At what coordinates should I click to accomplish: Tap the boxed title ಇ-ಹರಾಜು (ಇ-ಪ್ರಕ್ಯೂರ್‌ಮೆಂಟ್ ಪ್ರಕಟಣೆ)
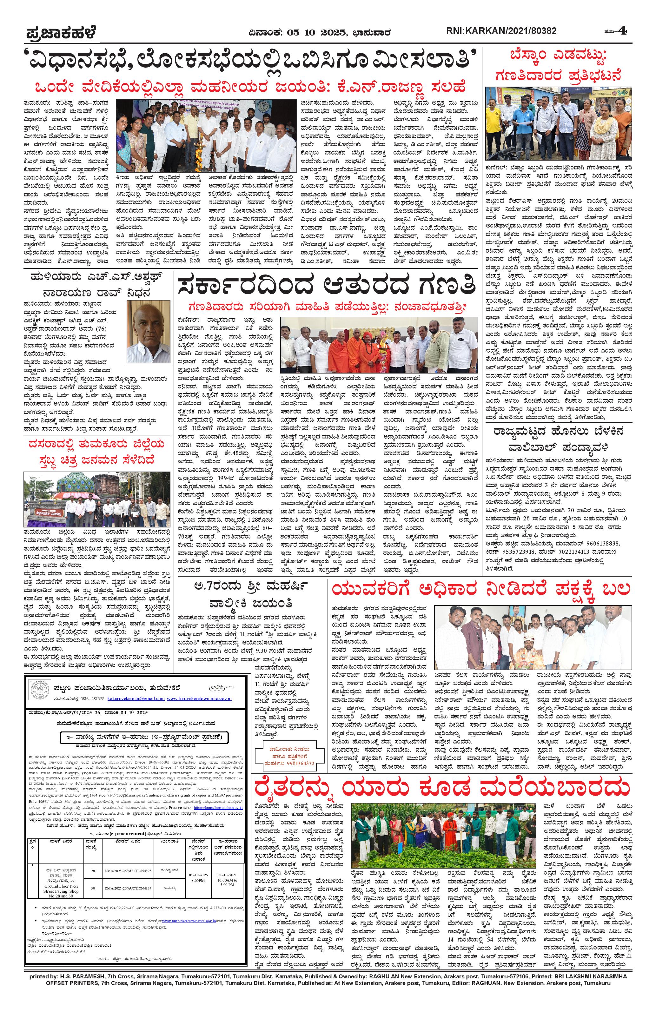coord(143,737)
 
